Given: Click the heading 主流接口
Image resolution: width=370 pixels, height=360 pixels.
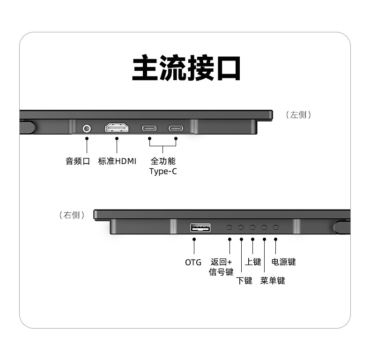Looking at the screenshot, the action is click(x=186, y=68).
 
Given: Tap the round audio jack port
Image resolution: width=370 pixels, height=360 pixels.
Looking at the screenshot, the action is click(x=87, y=128).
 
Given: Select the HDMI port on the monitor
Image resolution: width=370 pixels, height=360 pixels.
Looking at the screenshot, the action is click(x=117, y=128).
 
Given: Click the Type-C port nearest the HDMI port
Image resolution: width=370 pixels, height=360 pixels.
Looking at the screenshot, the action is click(x=150, y=128).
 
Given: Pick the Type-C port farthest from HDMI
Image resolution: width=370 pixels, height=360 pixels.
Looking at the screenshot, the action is click(x=176, y=128).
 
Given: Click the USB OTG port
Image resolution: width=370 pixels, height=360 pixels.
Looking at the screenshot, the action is click(x=200, y=228).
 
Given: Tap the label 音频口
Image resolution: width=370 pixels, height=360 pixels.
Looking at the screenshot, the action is click(x=77, y=161).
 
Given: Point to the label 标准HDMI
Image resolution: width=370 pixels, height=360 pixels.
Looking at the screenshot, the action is click(x=117, y=161).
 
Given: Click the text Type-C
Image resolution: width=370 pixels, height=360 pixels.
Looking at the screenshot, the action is click(x=163, y=172).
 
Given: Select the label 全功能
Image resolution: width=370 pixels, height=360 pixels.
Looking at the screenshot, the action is click(x=163, y=161).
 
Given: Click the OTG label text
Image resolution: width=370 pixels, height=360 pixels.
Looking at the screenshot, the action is click(x=193, y=262).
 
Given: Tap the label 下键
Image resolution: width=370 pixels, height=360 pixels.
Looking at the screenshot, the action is click(x=244, y=280).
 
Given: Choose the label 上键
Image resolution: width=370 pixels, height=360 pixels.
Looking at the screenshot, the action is click(x=253, y=262).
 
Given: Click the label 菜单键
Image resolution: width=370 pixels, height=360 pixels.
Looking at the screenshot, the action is click(x=273, y=280).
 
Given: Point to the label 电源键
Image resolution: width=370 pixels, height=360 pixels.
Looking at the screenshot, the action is click(x=284, y=262).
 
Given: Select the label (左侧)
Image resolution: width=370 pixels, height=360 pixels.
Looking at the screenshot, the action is click(x=298, y=115).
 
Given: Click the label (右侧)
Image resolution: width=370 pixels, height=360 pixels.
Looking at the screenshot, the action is click(x=72, y=215).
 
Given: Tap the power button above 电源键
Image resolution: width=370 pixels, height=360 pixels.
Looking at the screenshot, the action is click(x=276, y=227).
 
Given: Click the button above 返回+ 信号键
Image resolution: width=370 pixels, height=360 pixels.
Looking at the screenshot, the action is click(x=229, y=227).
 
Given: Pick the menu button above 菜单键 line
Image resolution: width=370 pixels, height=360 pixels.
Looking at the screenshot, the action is click(x=264, y=227).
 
